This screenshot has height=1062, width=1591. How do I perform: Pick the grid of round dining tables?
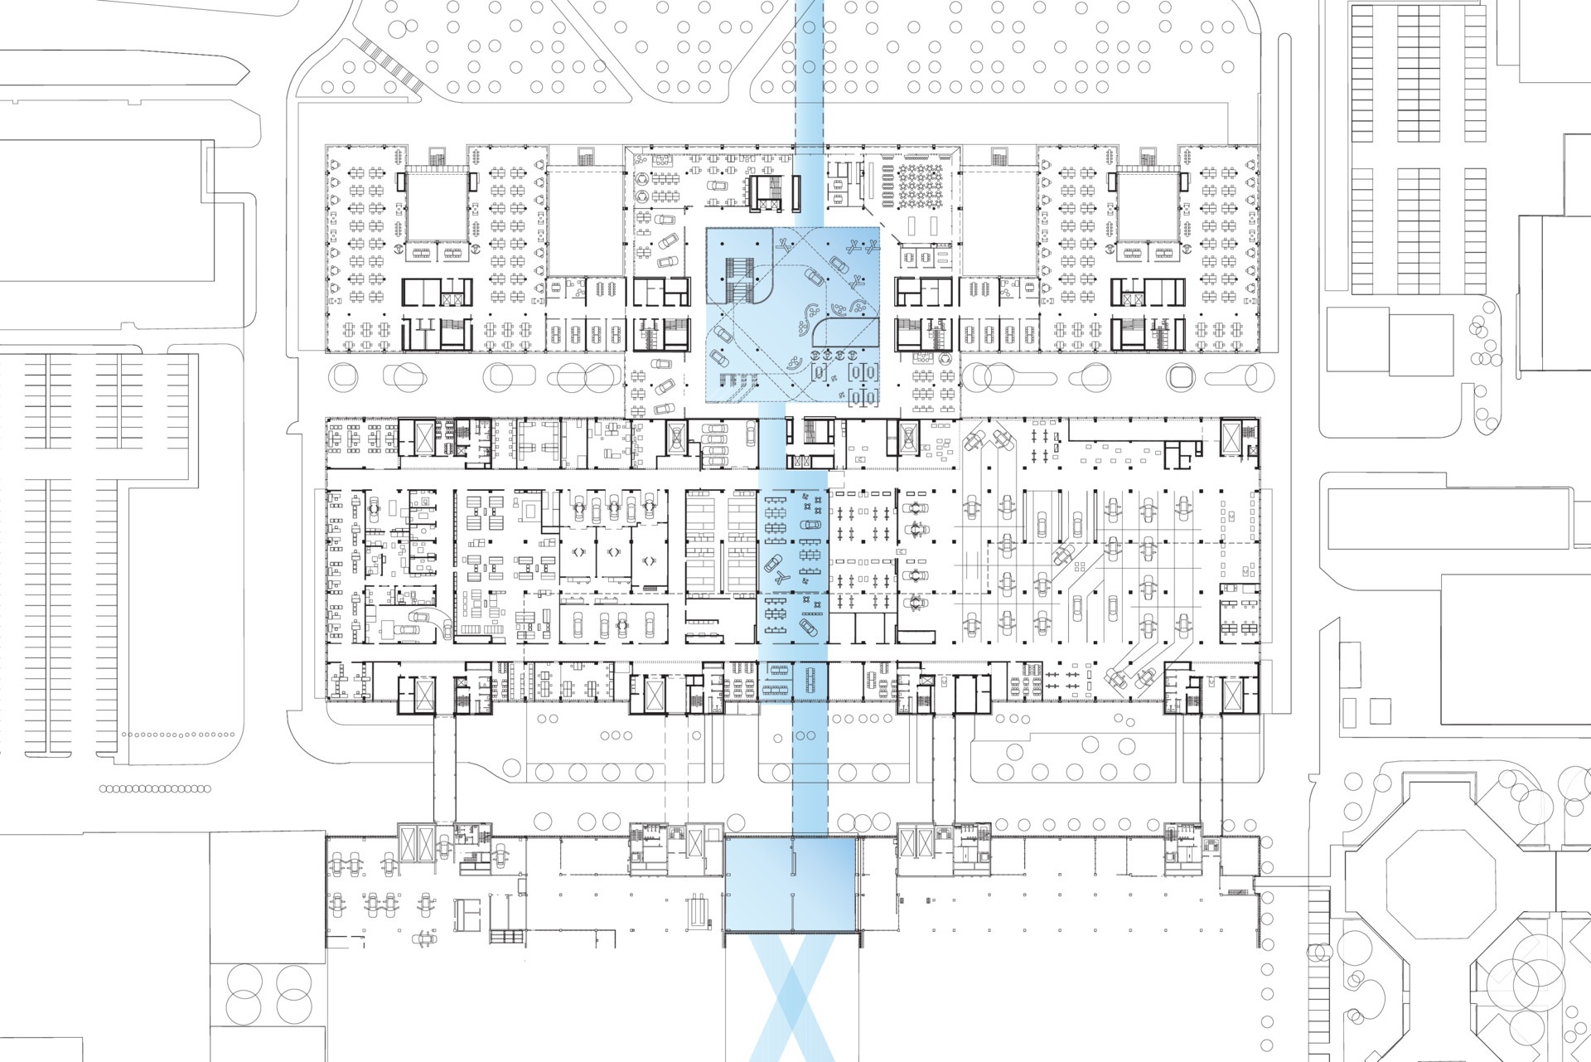pos(921,182)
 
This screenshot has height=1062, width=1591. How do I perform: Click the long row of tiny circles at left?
pos(154,789)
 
